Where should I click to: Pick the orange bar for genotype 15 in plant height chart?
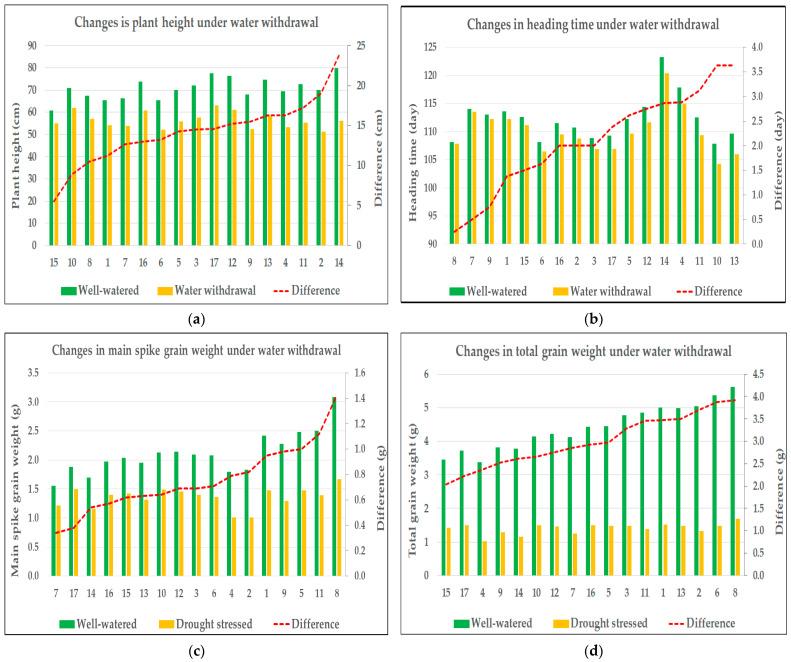point(57,184)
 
